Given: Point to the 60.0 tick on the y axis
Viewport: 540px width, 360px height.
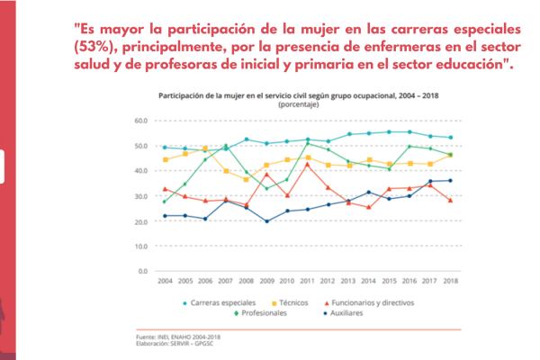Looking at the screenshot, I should coord(139,120).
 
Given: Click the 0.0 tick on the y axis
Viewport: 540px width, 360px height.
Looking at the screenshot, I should coord(142,271).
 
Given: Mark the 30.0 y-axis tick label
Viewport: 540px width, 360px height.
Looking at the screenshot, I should coord(139,195).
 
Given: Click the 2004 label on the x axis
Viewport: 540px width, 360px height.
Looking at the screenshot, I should coord(164,282).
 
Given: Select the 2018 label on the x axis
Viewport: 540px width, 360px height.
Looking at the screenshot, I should coord(450,282).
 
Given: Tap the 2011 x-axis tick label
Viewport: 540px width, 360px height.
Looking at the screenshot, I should coord(307,282).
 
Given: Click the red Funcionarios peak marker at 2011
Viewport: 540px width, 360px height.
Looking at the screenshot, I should coord(307,164).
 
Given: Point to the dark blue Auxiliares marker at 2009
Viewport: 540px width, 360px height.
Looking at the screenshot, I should coord(266,221).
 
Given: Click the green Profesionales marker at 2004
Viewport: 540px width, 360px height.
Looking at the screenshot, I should coord(164,202).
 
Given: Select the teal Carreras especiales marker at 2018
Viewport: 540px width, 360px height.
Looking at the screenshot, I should coord(450,138).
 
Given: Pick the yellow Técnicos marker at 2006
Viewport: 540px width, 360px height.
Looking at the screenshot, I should coord(205,148).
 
